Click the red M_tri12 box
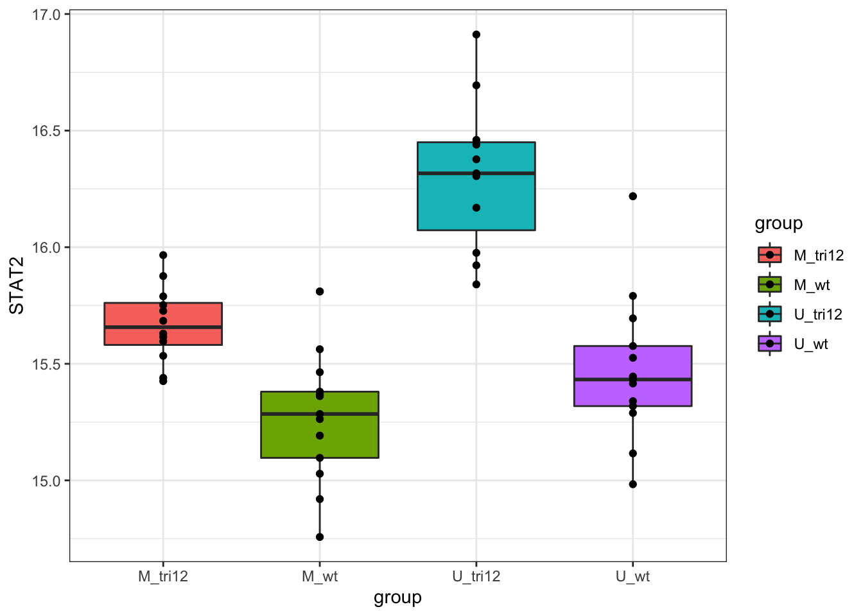(x=128, y=314)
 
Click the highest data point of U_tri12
(x=476, y=35)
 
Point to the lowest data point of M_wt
(x=320, y=537)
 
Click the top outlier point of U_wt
(x=633, y=196)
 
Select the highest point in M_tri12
(x=163, y=255)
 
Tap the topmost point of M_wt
(x=320, y=291)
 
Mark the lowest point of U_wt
(x=633, y=484)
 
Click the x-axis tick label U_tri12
(x=476, y=576)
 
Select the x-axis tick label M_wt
(x=320, y=576)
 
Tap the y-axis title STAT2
(x=17, y=286)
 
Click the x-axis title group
(x=397, y=597)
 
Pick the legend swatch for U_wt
(x=770, y=344)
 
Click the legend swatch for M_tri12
(x=770, y=255)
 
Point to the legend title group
(x=778, y=223)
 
